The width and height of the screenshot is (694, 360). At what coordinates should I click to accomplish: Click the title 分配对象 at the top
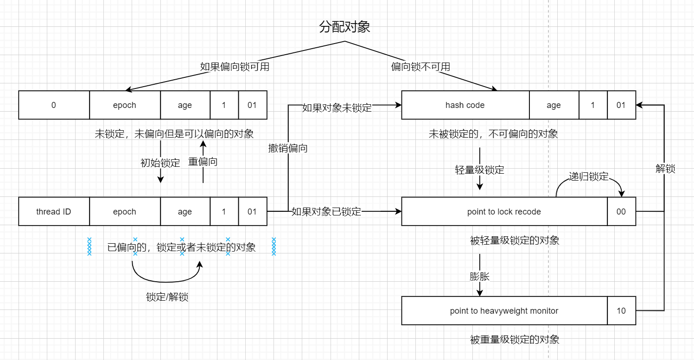pos(344,27)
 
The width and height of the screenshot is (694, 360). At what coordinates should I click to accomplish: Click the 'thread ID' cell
pos(54,212)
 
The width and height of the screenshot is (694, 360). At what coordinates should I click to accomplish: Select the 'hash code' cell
pos(465,105)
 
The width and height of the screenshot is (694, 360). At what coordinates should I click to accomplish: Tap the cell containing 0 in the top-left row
pos(54,105)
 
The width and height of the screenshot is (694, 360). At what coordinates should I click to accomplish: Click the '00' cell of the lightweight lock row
pos(621,212)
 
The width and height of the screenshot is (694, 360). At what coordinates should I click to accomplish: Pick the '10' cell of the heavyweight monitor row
pos(621,311)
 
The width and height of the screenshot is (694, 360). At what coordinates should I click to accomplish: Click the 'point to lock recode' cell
pos(504,212)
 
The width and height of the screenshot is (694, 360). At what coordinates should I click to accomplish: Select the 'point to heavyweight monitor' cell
pos(504,311)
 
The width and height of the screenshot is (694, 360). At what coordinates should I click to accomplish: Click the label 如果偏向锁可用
pos(235,67)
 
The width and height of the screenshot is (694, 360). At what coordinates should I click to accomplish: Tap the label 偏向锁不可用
pos(420,67)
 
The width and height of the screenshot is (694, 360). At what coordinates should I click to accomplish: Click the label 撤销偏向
pos(288,148)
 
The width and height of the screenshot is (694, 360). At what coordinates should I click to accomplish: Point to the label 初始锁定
pos(160,163)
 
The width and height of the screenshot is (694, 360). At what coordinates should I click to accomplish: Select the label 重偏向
pos(203,162)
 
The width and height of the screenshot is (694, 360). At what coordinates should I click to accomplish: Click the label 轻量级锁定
pos(480,170)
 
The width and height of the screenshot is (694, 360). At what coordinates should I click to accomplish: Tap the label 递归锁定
pos(589,177)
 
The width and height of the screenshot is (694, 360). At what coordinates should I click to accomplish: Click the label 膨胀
pos(480,277)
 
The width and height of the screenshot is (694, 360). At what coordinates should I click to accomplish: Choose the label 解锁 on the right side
pos(665,169)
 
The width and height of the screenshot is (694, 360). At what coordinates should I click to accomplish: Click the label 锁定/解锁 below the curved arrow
pos(167,297)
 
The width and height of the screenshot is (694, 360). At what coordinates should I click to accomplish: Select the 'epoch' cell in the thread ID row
pos(125,212)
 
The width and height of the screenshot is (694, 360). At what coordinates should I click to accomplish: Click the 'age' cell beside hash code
pos(554,105)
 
